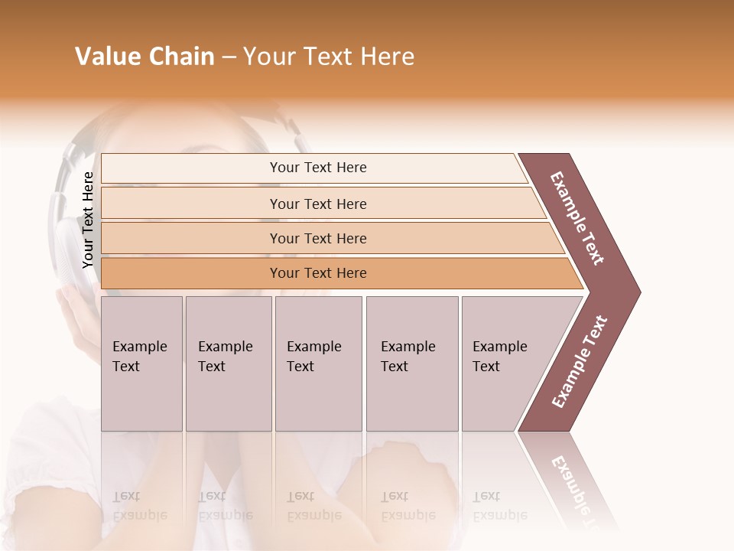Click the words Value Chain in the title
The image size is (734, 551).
tap(145, 57)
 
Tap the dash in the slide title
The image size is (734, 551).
tap(229, 57)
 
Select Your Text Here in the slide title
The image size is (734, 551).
tap(329, 57)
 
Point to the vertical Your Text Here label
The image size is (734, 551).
tap(88, 220)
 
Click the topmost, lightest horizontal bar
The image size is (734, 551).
tap(318, 168)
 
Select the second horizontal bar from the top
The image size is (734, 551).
tap(318, 204)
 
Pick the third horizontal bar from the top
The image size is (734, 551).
tap(318, 238)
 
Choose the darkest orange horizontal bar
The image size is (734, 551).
tap(318, 273)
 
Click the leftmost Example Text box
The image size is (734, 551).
tap(141, 364)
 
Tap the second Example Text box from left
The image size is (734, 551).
tap(229, 364)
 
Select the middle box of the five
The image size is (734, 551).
tap(318, 364)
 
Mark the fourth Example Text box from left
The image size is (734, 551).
tap(412, 364)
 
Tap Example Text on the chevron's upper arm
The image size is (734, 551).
tap(577, 218)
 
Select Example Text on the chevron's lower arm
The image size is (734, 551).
tap(579, 362)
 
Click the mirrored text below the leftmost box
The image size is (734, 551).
tap(139, 506)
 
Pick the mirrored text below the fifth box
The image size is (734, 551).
tap(499, 506)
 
